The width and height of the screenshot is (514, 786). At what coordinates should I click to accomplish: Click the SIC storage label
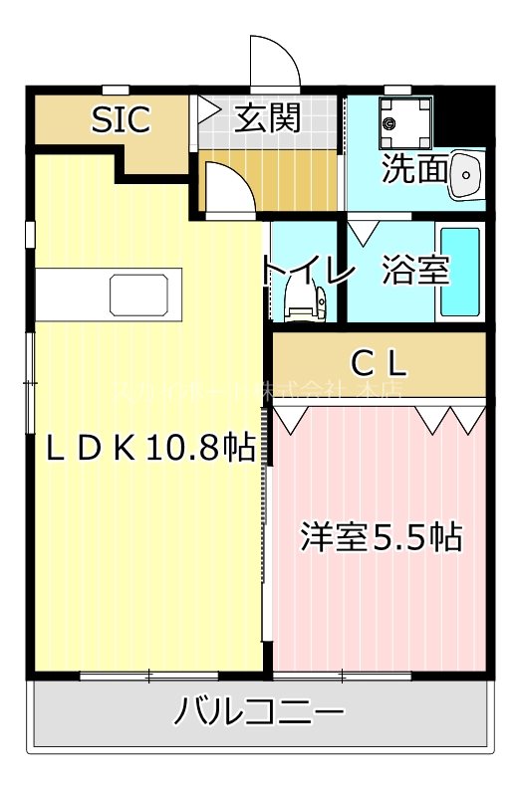pos(121,119)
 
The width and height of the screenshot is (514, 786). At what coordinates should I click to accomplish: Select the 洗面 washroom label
pos(415,169)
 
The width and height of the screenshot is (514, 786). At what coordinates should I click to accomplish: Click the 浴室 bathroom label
pos(415,271)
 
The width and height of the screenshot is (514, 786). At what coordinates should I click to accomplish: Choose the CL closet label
pos(381,361)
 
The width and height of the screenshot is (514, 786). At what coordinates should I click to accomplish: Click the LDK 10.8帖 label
pos(150,449)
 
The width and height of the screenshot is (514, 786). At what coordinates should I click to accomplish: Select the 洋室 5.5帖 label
pos(382,537)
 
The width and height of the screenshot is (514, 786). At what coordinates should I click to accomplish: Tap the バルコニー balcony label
pos(261,712)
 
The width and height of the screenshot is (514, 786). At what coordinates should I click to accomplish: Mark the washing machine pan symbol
pos(405,121)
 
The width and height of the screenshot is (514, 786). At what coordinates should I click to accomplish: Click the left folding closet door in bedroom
pos(293,418)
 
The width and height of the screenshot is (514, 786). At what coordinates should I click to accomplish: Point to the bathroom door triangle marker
pos(361,232)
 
